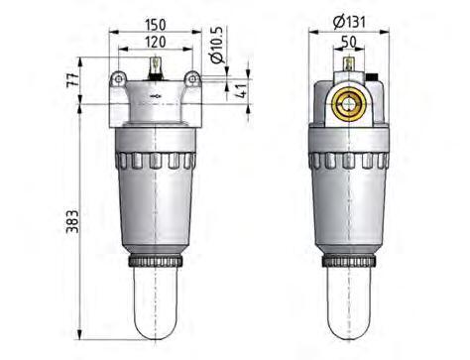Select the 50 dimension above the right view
tap(349, 43)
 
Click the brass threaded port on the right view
tap(349, 101)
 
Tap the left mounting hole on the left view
tap(118, 78)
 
